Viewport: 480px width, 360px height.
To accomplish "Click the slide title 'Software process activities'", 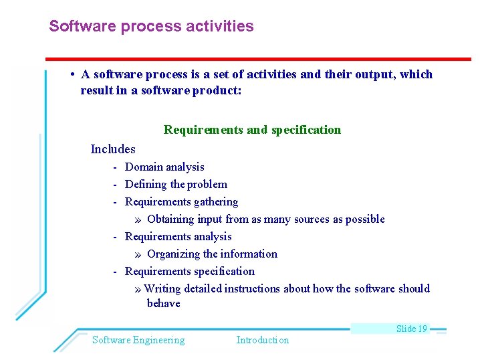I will [x=151, y=27].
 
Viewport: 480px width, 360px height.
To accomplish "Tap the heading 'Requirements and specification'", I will [x=252, y=130].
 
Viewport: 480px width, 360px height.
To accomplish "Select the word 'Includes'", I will [x=113, y=149].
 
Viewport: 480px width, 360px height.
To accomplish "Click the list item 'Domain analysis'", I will [x=164, y=167].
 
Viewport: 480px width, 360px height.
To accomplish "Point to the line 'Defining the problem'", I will [x=176, y=185].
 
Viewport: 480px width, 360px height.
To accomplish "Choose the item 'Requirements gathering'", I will [x=181, y=202].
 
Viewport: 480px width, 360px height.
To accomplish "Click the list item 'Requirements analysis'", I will [x=178, y=237].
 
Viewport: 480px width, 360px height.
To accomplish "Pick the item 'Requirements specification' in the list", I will [x=189, y=272].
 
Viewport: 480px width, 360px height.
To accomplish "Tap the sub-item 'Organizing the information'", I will [x=212, y=254].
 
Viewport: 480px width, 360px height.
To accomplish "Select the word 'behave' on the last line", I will [x=164, y=304].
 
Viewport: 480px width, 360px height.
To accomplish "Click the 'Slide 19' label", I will [x=411, y=329].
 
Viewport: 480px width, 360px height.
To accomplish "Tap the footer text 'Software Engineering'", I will [x=138, y=340].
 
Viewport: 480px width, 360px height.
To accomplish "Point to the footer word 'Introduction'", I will [x=263, y=340].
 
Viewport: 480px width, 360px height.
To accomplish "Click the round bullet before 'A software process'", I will [x=72, y=74].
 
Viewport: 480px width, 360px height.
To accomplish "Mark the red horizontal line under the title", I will [x=258, y=59].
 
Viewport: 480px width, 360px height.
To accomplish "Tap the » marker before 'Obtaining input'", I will [x=137, y=219].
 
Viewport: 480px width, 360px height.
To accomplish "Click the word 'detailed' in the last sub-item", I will [x=203, y=289].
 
